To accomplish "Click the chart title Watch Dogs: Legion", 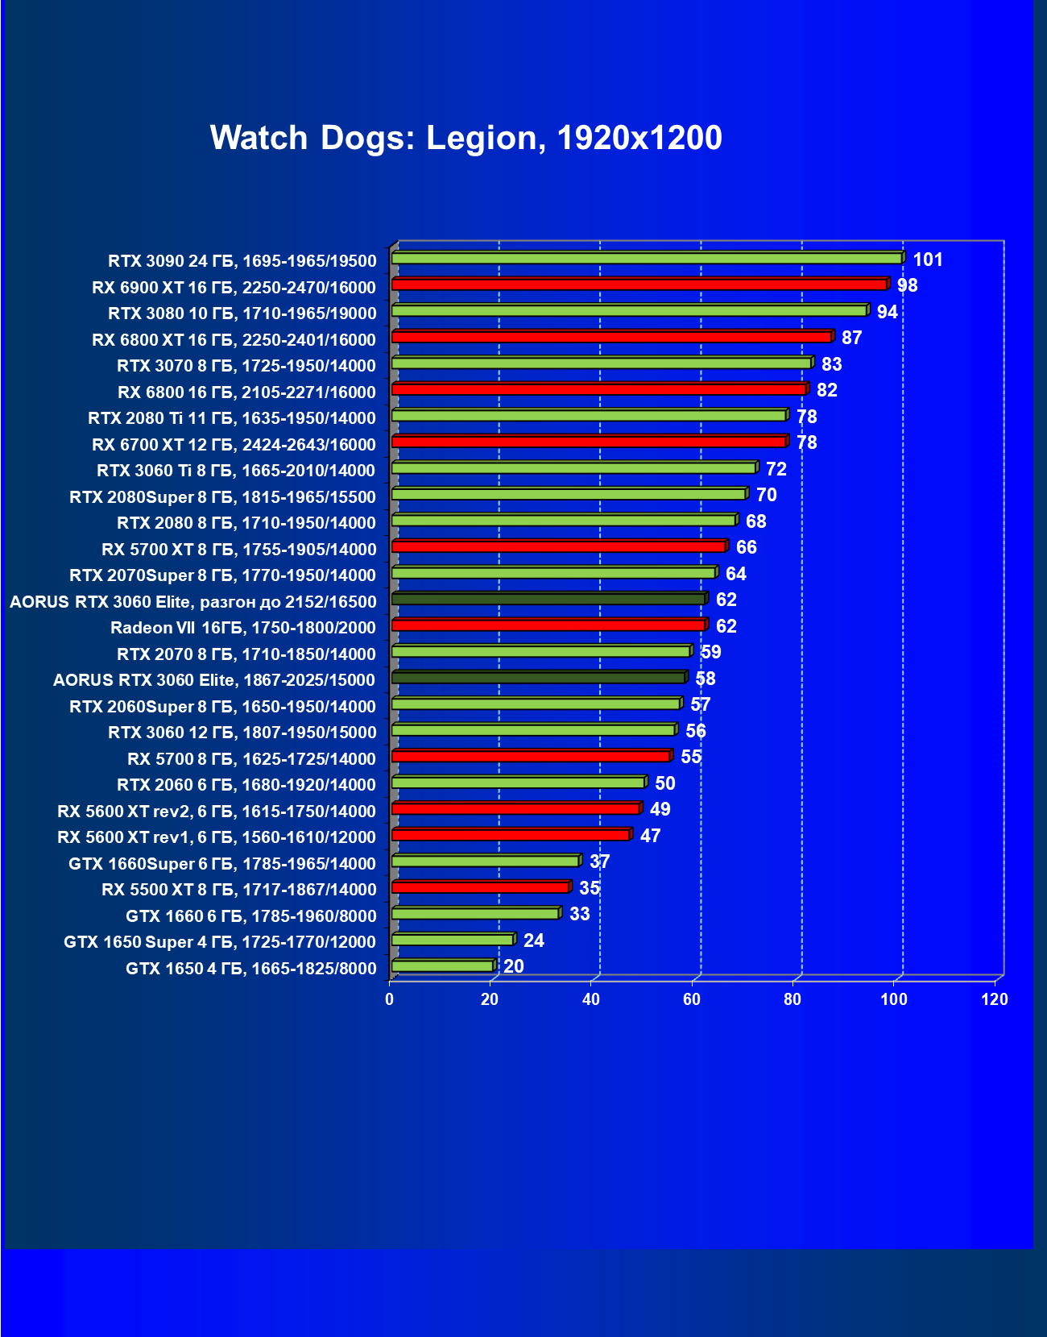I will tap(466, 138).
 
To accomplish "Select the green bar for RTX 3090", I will tap(647, 258).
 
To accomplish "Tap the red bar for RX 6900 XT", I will tap(639, 284).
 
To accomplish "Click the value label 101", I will tap(928, 260).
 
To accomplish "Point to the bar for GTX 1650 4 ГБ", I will tap(442, 965).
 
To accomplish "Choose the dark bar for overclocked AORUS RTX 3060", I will tap(548, 599).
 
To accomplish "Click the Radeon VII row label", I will tap(243, 628).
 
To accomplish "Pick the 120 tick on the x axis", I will tap(995, 999).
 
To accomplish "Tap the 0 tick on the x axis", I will tap(390, 999).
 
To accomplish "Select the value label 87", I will tap(851, 338).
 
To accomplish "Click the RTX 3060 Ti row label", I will tap(236, 471).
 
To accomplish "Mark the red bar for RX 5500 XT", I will tap(481, 887).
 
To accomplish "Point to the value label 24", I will tap(533, 940).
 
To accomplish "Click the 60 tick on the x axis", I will tap(692, 999).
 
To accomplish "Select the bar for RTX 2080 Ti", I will tap(589, 415).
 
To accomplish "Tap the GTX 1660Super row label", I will tap(222, 864).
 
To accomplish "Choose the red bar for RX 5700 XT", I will tap(559, 546).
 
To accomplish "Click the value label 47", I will tap(650, 836).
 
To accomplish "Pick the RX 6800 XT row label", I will tap(234, 340).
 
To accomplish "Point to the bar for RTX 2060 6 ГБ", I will tap(518, 783).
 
